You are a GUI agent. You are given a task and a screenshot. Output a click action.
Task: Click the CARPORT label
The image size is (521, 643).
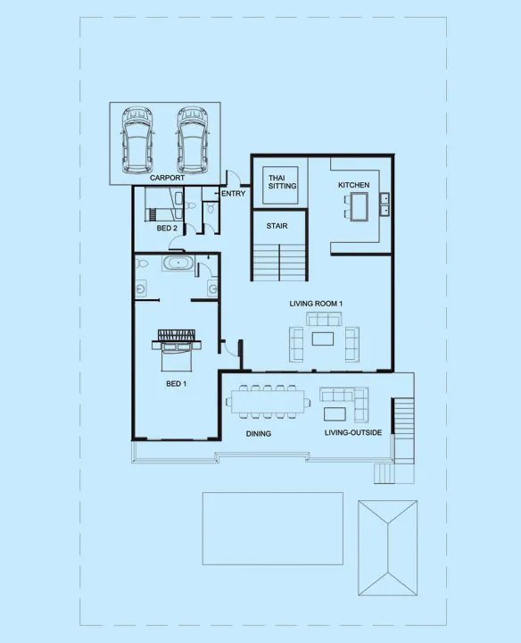[167, 179]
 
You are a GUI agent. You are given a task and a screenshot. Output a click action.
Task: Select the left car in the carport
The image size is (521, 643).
[137, 140]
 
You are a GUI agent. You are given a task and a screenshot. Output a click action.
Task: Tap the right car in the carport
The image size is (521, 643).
[192, 140]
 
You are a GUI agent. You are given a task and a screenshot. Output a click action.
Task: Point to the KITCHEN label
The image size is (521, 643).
[353, 185]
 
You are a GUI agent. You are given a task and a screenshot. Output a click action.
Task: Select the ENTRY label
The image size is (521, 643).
[233, 194]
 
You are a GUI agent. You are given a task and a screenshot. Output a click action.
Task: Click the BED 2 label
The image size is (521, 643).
[167, 229]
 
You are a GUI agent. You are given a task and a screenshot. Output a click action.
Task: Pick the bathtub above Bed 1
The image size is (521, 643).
[177, 263]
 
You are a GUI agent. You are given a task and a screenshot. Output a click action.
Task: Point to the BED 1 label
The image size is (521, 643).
[176, 384]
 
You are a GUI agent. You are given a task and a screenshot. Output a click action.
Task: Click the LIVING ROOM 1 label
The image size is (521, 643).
[317, 304]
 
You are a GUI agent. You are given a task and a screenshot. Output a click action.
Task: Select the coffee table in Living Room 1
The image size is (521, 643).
[323, 338]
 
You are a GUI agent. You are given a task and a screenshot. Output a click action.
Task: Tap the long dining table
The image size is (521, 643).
[268, 400]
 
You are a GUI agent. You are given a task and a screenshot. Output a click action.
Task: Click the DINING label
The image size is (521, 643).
[259, 434]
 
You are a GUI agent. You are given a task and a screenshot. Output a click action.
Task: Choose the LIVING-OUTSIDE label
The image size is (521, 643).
[353, 434]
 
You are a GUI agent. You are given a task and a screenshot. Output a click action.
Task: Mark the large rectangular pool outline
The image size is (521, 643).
[272, 529]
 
